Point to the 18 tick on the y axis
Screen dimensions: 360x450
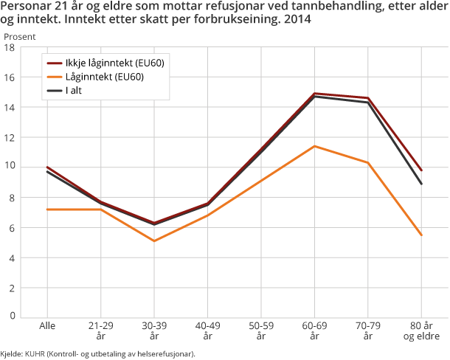pos(10,48)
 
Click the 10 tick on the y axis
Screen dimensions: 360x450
pos(10,167)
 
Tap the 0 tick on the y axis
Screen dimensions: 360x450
pos(13,316)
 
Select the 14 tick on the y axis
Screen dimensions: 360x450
pos(10,108)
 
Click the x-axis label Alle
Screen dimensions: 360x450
pos(47,326)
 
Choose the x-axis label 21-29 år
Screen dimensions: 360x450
pos(100,330)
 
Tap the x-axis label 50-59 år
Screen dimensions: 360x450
pos(261,330)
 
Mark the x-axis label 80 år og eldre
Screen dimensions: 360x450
pos(421,330)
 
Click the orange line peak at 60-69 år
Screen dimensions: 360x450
pos(315,146)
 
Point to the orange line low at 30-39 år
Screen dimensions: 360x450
pos(154,240)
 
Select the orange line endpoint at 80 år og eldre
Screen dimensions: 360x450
pos(421,235)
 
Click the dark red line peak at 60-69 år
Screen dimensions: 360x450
pos(315,94)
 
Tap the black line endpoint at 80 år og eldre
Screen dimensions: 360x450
pos(421,184)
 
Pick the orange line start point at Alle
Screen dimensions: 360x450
pos(47,210)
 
